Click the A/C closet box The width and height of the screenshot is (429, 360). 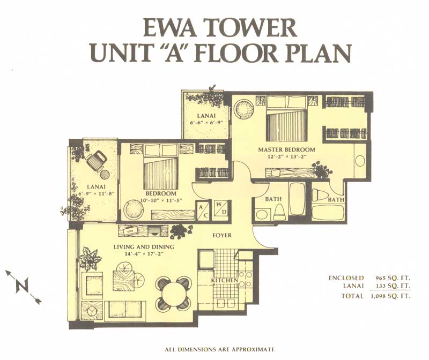click(x=203, y=210)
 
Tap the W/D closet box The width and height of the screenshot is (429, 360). click(x=220, y=208)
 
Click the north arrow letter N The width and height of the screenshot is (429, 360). click(x=22, y=286)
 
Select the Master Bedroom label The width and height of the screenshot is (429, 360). click(x=286, y=150)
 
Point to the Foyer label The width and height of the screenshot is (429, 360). click(x=222, y=235)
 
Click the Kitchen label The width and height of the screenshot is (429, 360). click(x=224, y=281)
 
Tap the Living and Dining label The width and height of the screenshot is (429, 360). click(x=144, y=247)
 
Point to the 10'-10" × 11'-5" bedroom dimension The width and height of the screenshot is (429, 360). click(x=161, y=200)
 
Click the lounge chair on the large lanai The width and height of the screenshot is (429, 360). click(x=97, y=161)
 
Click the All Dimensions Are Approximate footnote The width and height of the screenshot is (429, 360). click(x=219, y=349)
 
